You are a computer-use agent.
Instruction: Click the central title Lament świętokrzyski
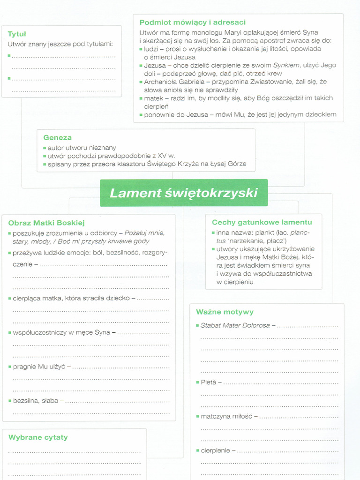tap(183, 193)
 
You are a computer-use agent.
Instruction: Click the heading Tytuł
tap(17, 34)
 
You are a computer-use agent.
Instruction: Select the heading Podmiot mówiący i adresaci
tap(192, 22)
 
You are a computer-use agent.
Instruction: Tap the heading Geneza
tap(57, 137)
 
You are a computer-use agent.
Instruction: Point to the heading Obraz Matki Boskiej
tap(46, 223)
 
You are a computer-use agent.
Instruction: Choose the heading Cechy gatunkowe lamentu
tap(262, 222)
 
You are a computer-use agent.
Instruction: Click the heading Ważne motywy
tap(225, 312)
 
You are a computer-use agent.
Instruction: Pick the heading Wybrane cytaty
tap(38, 437)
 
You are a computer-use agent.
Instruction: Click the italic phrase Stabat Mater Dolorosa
tap(235, 325)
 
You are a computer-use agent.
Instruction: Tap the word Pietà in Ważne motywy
tap(208, 382)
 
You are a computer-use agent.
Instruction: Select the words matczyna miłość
tap(226, 416)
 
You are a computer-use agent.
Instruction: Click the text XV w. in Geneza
tap(167, 156)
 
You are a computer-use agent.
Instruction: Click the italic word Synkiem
tap(286, 65)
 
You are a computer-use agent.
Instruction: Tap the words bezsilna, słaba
tap(36, 401)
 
